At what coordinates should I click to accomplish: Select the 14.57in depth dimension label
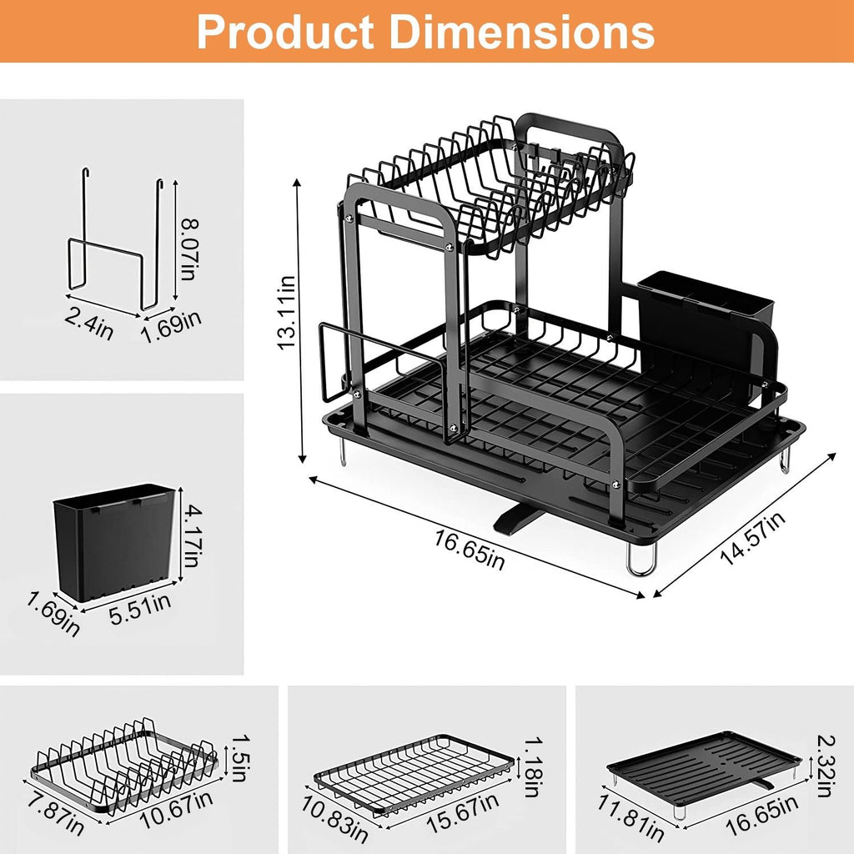tap(752, 540)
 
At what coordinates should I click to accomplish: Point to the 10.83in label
tap(334, 819)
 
